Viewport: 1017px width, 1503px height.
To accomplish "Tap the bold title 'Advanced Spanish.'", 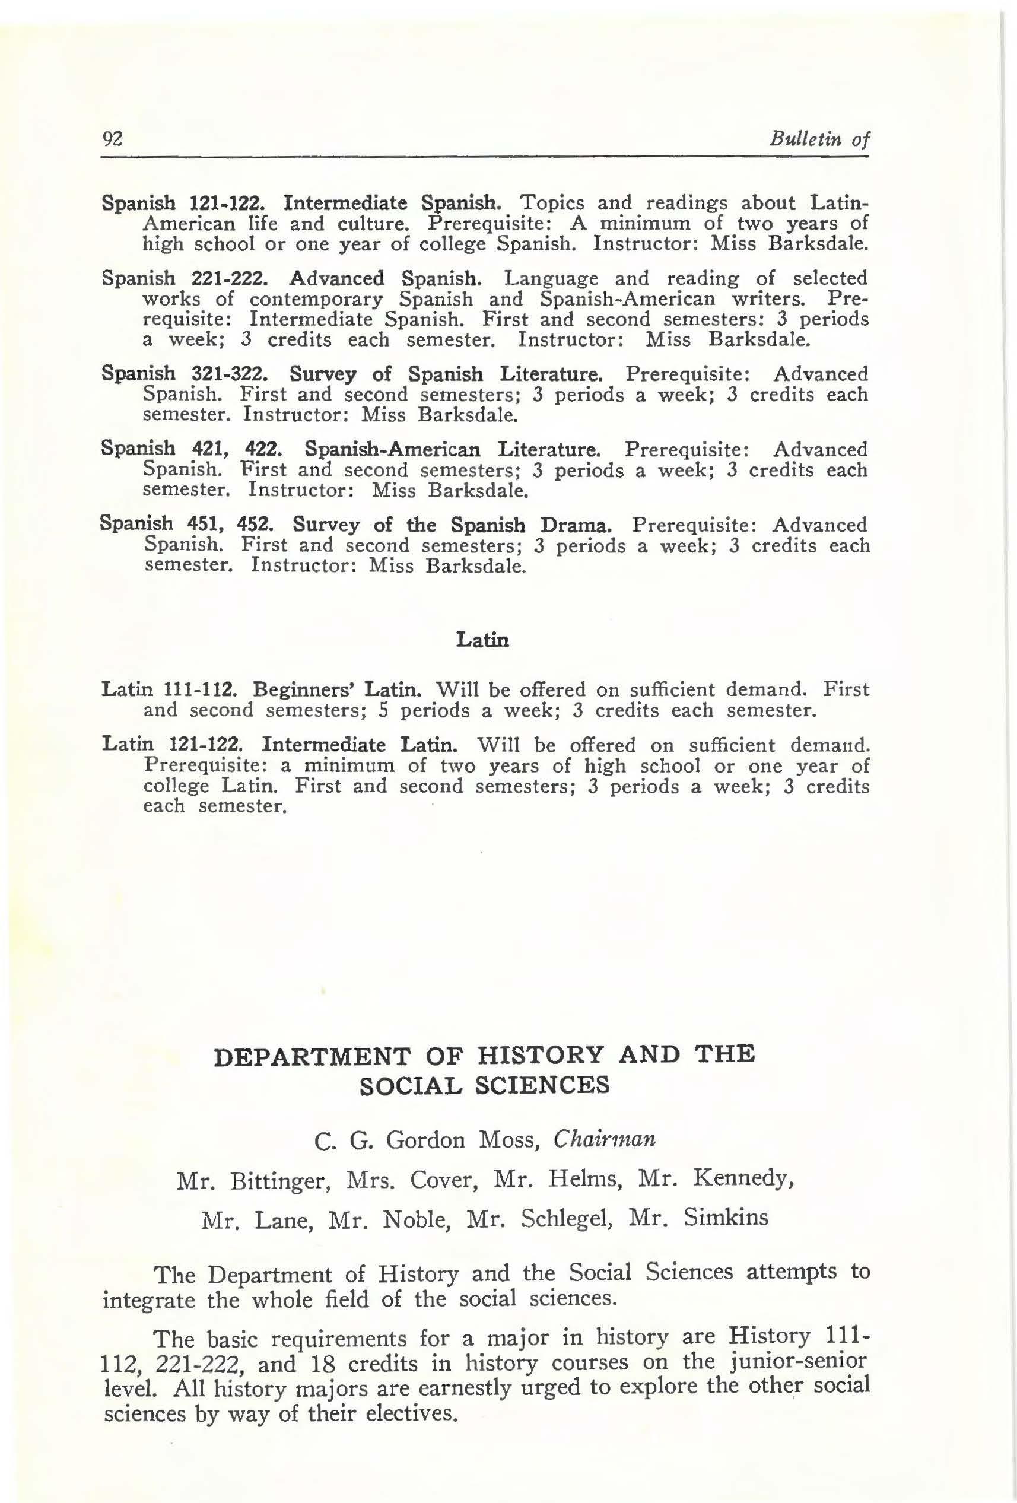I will point(385,278).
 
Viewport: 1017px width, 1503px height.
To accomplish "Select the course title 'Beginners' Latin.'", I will point(338,689).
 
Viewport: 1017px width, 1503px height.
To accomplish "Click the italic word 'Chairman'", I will point(605,1139).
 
